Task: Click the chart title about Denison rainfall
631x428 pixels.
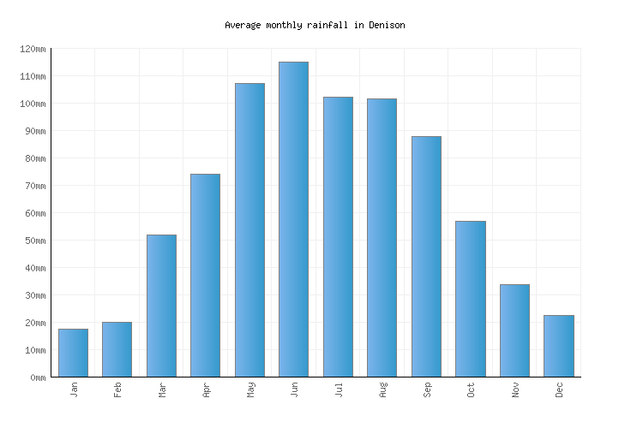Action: pyautogui.click(x=315, y=25)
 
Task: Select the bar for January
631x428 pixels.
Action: pyautogui.click(x=73, y=353)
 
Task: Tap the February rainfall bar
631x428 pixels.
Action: pyautogui.click(x=117, y=349)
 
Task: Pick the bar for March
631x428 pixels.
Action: pyautogui.click(x=161, y=306)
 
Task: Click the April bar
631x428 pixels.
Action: pyautogui.click(x=205, y=275)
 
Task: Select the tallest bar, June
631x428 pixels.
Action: pyautogui.click(x=293, y=219)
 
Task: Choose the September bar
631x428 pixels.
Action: pyautogui.click(x=426, y=256)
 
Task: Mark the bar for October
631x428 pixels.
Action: pyautogui.click(x=470, y=299)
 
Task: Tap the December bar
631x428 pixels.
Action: pyautogui.click(x=558, y=346)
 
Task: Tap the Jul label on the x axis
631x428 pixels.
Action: pyautogui.click(x=338, y=390)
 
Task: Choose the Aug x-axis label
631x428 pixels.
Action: pyautogui.click(x=382, y=390)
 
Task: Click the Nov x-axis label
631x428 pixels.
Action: pyautogui.click(x=514, y=390)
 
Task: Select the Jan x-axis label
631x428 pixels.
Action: pyautogui.click(x=74, y=390)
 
